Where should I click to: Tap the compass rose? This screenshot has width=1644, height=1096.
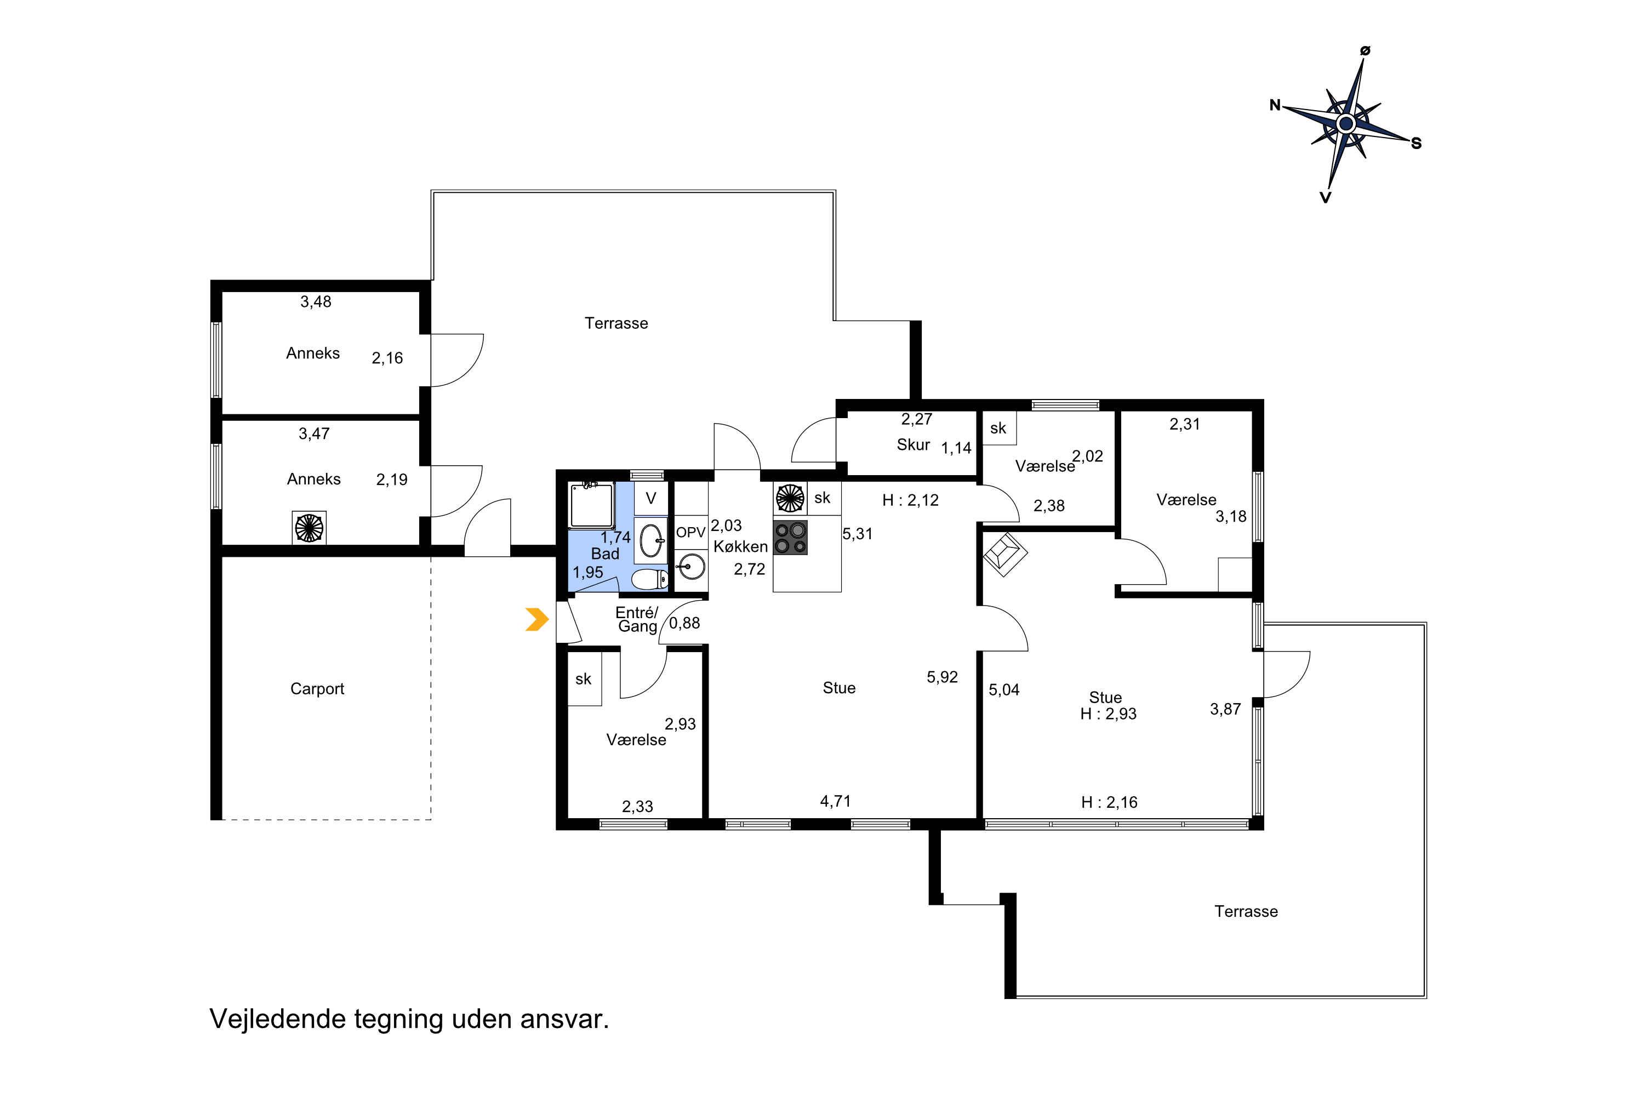(x=1345, y=124)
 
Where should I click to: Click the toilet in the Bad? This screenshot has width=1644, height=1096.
(x=650, y=579)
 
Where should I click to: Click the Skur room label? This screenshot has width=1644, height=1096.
(x=913, y=444)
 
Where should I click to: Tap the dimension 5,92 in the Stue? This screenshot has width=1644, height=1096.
(x=941, y=677)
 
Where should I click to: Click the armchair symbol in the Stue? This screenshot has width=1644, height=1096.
(x=1005, y=554)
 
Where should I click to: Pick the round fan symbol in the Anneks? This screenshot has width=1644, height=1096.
(x=309, y=528)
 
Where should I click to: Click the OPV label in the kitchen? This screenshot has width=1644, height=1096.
(x=690, y=532)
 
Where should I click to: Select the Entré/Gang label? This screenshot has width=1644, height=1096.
(x=637, y=619)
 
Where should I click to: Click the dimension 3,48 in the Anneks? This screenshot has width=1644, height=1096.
(x=316, y=301)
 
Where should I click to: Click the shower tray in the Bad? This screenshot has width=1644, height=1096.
(x=591, y=505)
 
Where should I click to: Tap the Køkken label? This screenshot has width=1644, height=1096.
(x=740, y=546)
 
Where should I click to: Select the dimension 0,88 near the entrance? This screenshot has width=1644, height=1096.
(x=684, y=623)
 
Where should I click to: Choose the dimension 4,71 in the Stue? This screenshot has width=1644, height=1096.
(x=835, y=801)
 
